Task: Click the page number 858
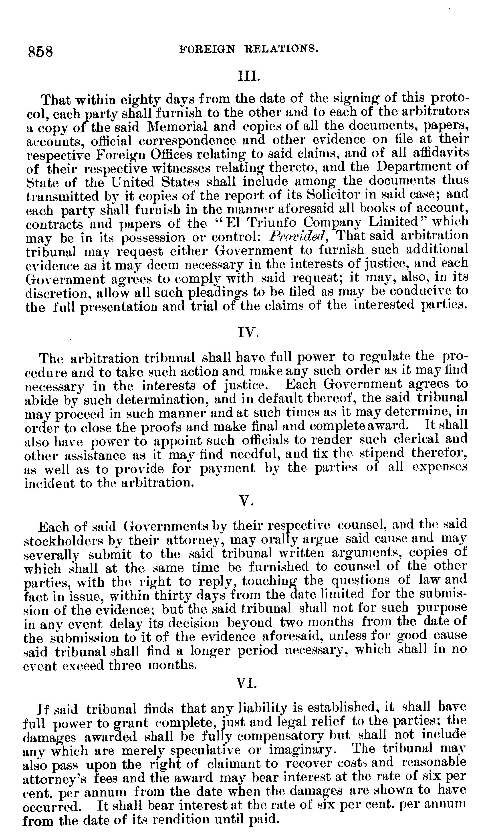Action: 40,52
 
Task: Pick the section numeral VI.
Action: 246,683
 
